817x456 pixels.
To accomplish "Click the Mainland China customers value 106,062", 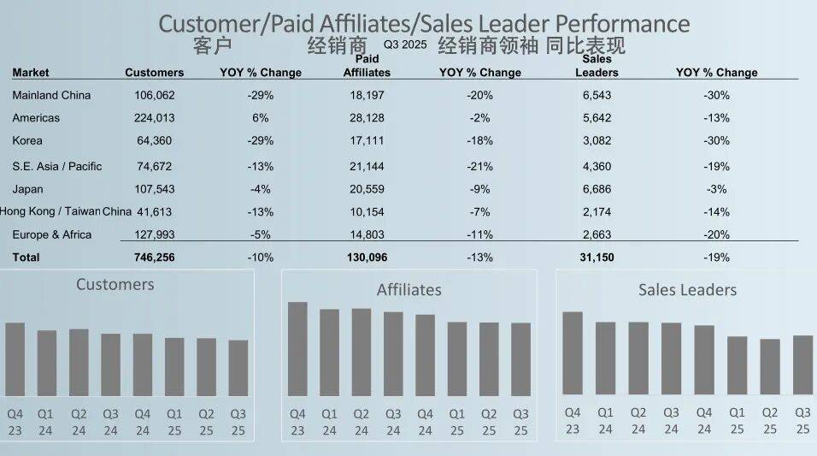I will (155, 95).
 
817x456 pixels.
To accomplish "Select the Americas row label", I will (36, 118).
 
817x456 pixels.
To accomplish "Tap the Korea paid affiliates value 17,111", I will (367, 140).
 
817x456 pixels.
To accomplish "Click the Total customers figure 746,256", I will (155, 257).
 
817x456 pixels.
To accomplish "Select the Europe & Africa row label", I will (52, 234).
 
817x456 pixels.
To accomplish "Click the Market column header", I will (31, 73).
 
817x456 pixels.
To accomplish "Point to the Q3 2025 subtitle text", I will (403, 43).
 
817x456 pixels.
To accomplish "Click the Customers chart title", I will (115, 284).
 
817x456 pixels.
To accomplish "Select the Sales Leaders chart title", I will (687, 290).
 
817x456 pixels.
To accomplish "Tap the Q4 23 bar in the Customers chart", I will (15, 359).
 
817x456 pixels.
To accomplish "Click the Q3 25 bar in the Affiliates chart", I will (520, 359).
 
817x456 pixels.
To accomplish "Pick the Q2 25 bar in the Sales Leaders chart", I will (770, 366).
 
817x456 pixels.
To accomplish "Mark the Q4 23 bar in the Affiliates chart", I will (297, 349).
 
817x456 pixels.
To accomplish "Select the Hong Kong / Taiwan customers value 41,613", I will (155, 211).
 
